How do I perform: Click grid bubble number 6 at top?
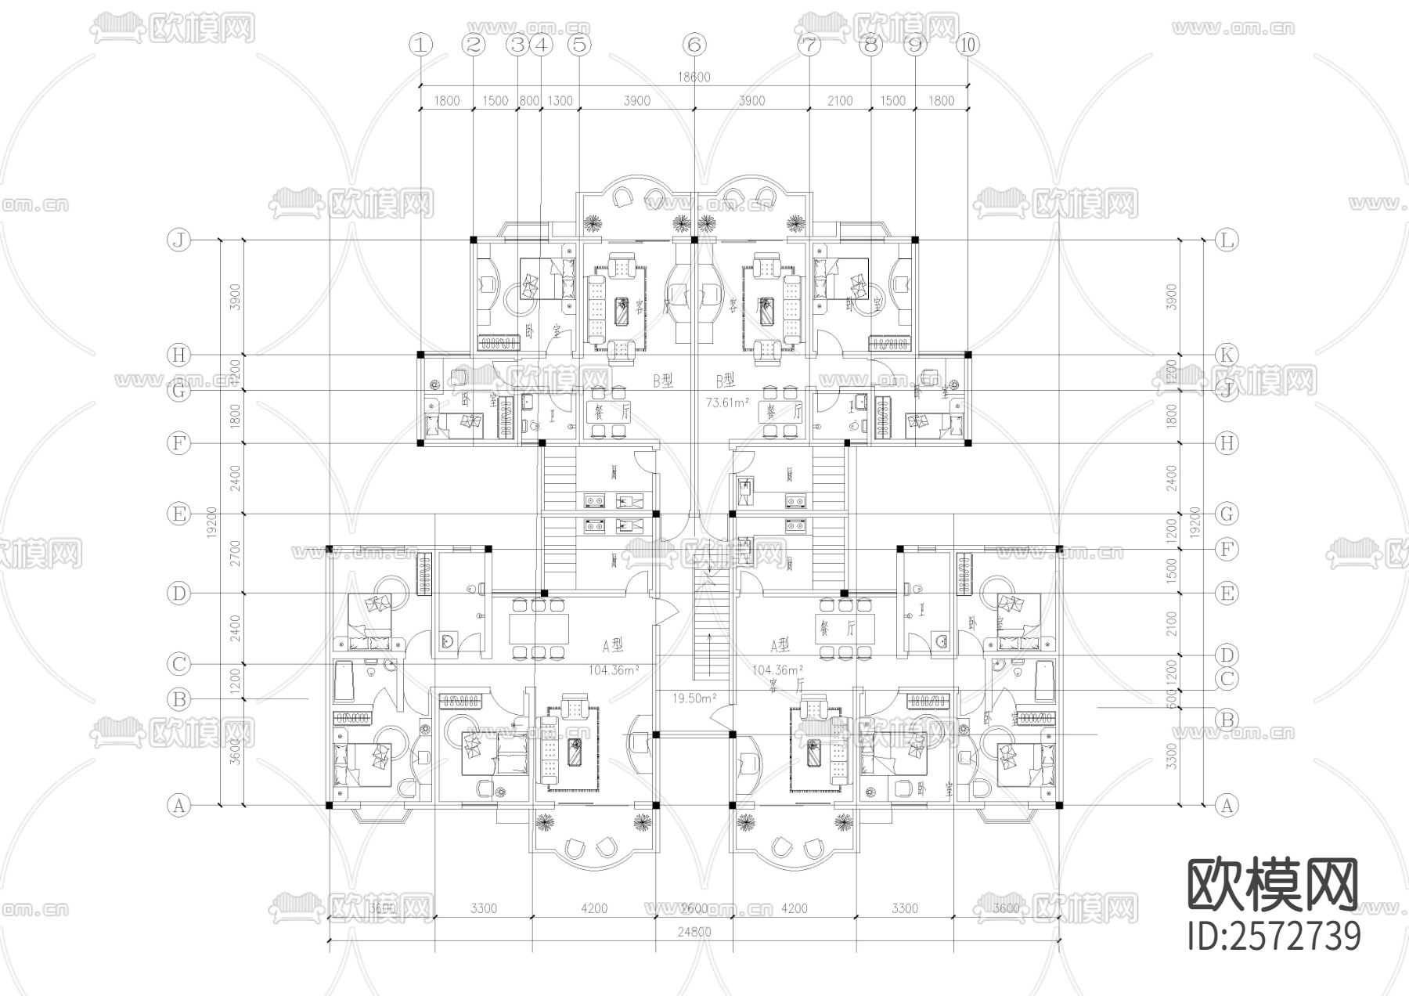[694, 45]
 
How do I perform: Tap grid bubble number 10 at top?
[968, 45]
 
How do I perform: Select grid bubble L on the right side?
[1227, 240]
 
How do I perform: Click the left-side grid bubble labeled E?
[179, 514]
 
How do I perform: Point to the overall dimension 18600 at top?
[694, 77]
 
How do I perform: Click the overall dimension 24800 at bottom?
[694, 932]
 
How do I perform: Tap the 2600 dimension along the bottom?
[694, 908]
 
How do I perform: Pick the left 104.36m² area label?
[614, 670]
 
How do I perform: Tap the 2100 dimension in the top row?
[839, 100]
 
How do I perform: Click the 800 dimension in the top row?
[529, 100]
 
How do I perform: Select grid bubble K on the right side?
[1227, 355]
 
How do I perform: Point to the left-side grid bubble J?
[179, 240]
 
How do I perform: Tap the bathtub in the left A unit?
[344, 681]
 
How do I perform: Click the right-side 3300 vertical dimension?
[1172, 756]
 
